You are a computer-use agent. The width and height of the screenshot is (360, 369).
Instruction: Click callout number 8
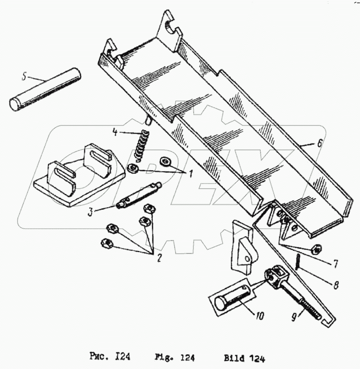(336, 285)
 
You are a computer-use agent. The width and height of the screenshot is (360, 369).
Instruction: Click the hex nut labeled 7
(316, 249)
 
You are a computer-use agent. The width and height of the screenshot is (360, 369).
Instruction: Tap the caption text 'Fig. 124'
(174, 357)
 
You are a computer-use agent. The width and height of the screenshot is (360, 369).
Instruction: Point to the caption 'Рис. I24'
(110, 357)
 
